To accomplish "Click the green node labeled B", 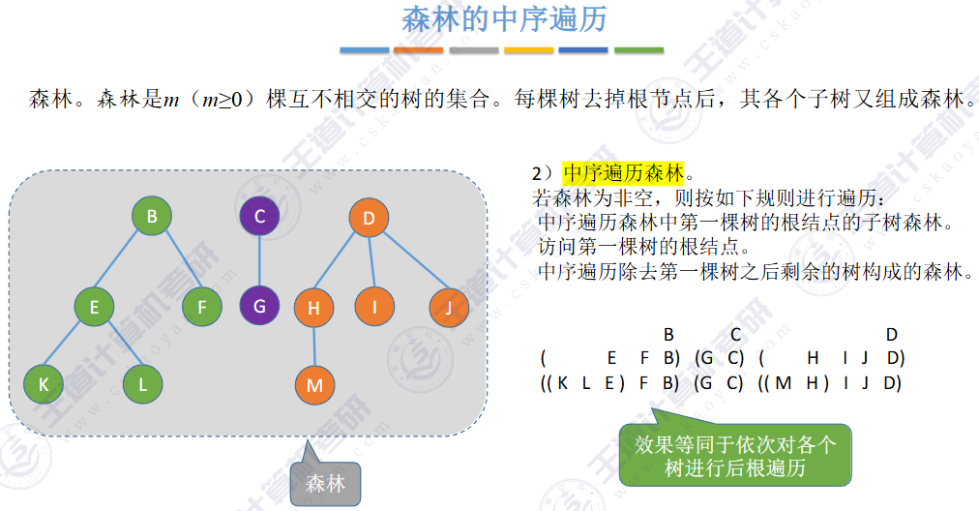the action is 152,218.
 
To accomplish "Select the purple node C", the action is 259,218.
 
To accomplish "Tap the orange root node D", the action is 369,219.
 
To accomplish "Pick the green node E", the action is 95,308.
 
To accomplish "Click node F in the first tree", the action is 201,308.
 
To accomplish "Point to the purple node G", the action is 259,307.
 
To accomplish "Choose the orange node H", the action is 313,308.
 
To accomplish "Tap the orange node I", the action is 373,308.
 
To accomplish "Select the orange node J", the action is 449,308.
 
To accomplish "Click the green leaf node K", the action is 43,384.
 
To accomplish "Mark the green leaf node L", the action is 143,384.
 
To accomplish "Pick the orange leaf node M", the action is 313,385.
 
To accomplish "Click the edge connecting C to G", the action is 259,262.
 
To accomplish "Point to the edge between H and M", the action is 313,346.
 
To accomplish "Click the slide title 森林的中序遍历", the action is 504,20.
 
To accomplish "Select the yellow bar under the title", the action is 529,49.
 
